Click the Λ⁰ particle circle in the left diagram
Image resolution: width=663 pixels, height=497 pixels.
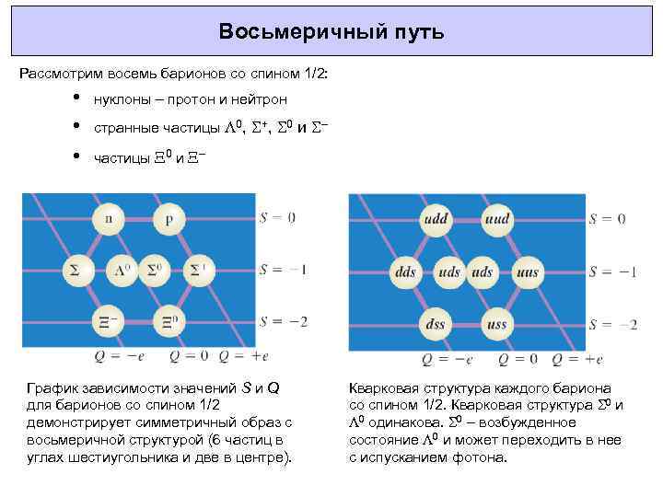point(122,270)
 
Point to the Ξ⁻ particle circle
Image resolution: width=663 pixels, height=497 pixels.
point(110,321)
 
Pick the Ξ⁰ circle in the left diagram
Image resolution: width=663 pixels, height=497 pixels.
point(169,321)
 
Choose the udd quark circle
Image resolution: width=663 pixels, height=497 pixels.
point(436,220)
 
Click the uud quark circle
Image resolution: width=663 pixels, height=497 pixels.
point(496,220)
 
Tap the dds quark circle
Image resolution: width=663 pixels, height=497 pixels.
point(405,272)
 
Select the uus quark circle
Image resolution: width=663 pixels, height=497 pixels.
point(528,272)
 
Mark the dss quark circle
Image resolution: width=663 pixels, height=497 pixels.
point(436,324)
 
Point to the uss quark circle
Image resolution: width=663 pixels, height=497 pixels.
point(496,324)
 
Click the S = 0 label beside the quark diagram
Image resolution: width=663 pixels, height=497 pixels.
point(608,219)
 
